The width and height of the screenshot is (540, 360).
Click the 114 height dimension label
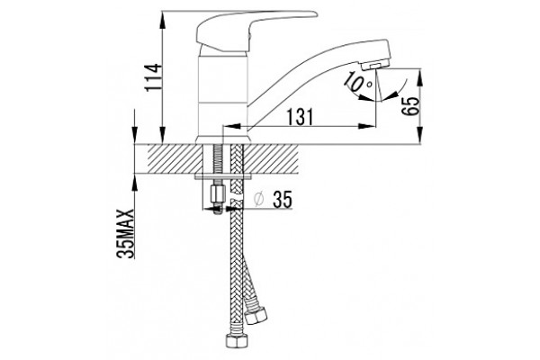point(153,77)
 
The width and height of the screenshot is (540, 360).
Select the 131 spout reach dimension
point(300,117)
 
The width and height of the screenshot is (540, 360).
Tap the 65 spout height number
point(411,106)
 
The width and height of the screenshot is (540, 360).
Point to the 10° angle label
point(359,81)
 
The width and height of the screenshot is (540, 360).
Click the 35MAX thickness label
point(125,233)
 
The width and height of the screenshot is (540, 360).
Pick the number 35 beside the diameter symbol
point(283,199)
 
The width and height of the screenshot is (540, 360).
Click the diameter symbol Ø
point(258,199)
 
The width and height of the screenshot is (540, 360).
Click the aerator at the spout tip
point(377,65)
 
